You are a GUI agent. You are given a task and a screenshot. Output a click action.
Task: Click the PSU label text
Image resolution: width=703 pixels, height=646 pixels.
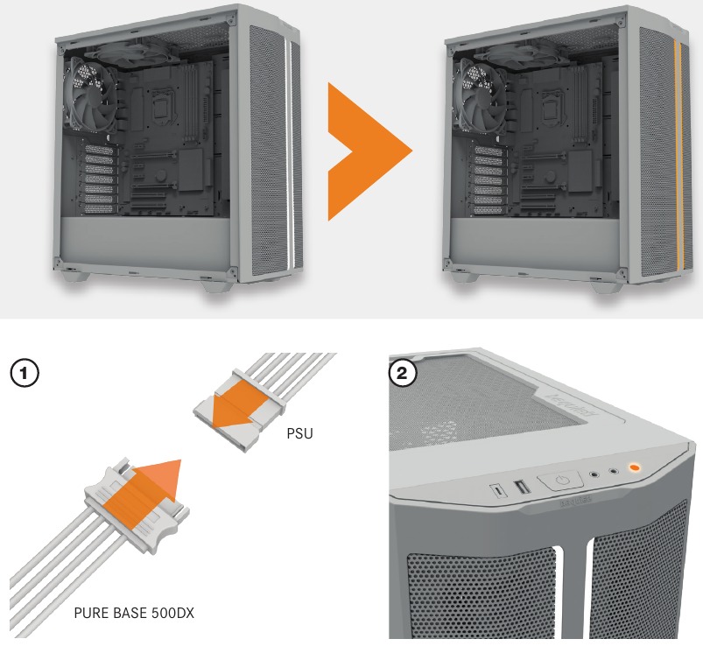[300, 432]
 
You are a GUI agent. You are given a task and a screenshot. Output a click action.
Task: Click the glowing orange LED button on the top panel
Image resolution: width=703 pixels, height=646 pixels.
[633, 468]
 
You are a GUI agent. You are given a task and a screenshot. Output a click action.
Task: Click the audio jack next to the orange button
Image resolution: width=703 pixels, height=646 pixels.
[614, 472]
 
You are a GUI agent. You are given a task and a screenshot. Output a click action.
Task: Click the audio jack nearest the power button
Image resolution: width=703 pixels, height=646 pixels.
[594, 475]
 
